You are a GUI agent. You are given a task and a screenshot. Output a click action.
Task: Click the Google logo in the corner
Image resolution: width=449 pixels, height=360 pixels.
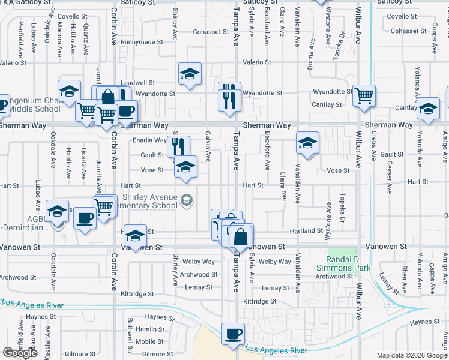(20, 353)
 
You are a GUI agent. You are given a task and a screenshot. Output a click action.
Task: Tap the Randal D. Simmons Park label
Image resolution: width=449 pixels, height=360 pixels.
(345, 263)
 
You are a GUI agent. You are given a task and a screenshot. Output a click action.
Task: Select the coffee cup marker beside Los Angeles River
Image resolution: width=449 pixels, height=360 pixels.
(233, 335)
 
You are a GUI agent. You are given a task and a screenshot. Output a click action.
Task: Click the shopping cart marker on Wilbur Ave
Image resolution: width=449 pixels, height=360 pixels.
(364, 95)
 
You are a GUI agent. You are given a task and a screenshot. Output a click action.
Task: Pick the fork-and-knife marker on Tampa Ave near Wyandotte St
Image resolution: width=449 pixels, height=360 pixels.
(229, 95)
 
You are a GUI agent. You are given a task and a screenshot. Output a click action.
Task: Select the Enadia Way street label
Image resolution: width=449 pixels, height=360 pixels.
(149, 140)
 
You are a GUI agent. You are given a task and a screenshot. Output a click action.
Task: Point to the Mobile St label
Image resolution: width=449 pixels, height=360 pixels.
(145, 341)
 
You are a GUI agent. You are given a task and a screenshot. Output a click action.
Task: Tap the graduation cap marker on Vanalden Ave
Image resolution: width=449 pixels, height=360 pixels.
(307, 143)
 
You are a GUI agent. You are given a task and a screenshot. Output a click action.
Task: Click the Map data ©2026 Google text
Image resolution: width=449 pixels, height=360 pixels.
(412, 355)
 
